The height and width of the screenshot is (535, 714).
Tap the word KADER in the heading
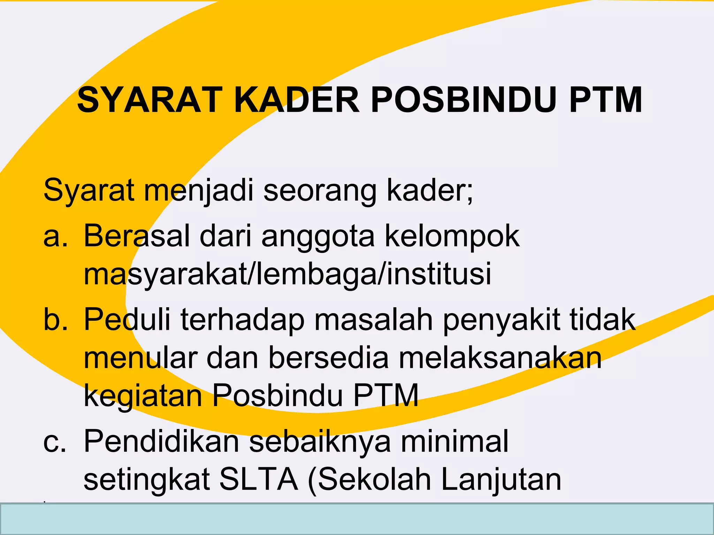click(x=297, y=100)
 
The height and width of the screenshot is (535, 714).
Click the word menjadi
click(x=199, y=191)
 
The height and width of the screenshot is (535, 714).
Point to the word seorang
click(x=320, y=191)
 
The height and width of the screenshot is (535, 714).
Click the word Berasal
click(x=137, y=236)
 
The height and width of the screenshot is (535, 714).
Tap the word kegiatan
click(x=143, y=396)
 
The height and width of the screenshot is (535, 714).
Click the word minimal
click(x=455, y=442)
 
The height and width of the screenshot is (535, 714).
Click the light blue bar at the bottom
click(x=357, y=519)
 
